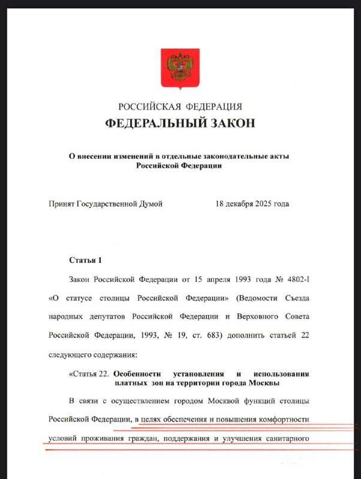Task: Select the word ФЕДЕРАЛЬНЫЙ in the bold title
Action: pyautogui.click(x=156, y=123)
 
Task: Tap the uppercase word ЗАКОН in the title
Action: pyautogui.click(x=233, y=123)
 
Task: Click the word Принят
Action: pyautogui.click(x=62, y=204)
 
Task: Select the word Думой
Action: pyautogui.click(x=151, y=204)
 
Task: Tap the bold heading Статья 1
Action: pyautogui.click(x=86, y=260)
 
